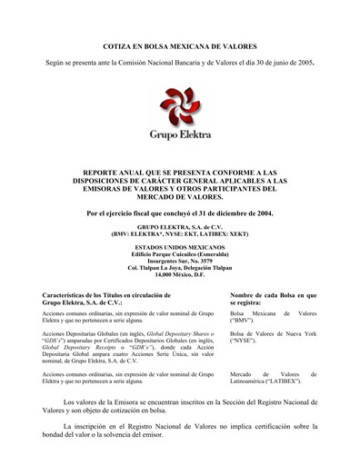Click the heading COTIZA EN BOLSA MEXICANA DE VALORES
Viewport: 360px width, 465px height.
pyautogui.click(x=180, y=45)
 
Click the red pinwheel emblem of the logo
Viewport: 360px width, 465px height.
pyautogui.click(x=180, y=106)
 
